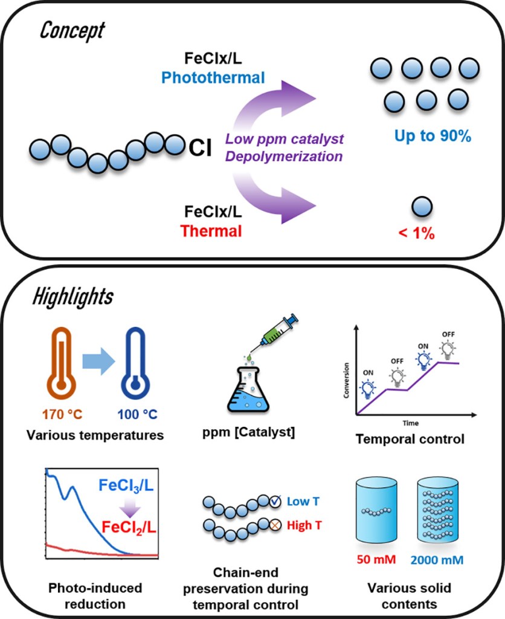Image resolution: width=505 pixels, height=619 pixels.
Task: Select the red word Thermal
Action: [x=217, y=231]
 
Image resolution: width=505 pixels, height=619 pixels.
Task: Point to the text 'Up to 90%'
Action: [x=433, y=137]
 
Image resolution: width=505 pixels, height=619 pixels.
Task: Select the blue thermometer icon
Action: [x=136, y=369]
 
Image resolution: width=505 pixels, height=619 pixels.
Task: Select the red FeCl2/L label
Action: [x=129, y=529]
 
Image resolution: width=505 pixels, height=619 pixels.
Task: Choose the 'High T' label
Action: [x=300, y=525]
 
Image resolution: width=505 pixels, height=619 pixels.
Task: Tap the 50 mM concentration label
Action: [x=378, y=559]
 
